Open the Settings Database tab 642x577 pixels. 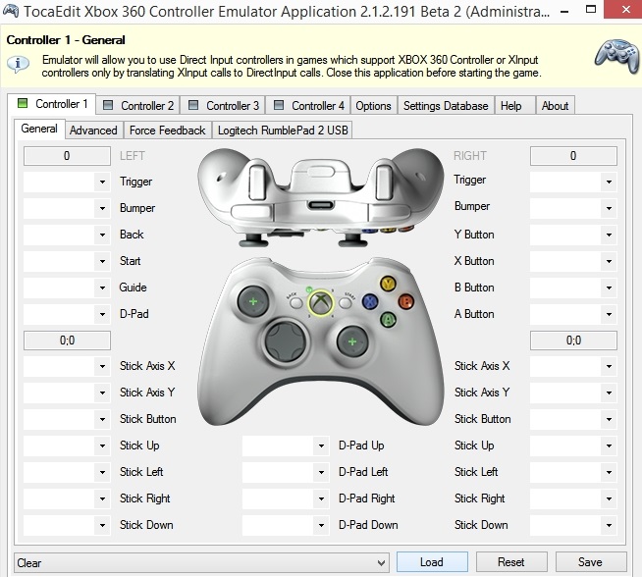(445, 106)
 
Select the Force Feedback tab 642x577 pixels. (167, 130)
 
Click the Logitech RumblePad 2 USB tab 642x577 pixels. (282, 130)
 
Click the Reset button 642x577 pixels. (510, 562)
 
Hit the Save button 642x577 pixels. (590, 562)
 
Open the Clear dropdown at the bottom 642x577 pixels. (202, 562)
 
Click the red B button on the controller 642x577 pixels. (405, 301)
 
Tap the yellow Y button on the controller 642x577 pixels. (388, 285)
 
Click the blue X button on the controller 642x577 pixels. (371, 302)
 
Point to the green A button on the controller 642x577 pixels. (389, 319)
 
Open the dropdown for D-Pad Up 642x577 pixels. (285, 446)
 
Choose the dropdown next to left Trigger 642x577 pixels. (66, 182)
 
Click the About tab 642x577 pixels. (555, 106)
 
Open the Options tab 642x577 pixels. (373, 106)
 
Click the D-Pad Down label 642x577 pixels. (368, 525)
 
